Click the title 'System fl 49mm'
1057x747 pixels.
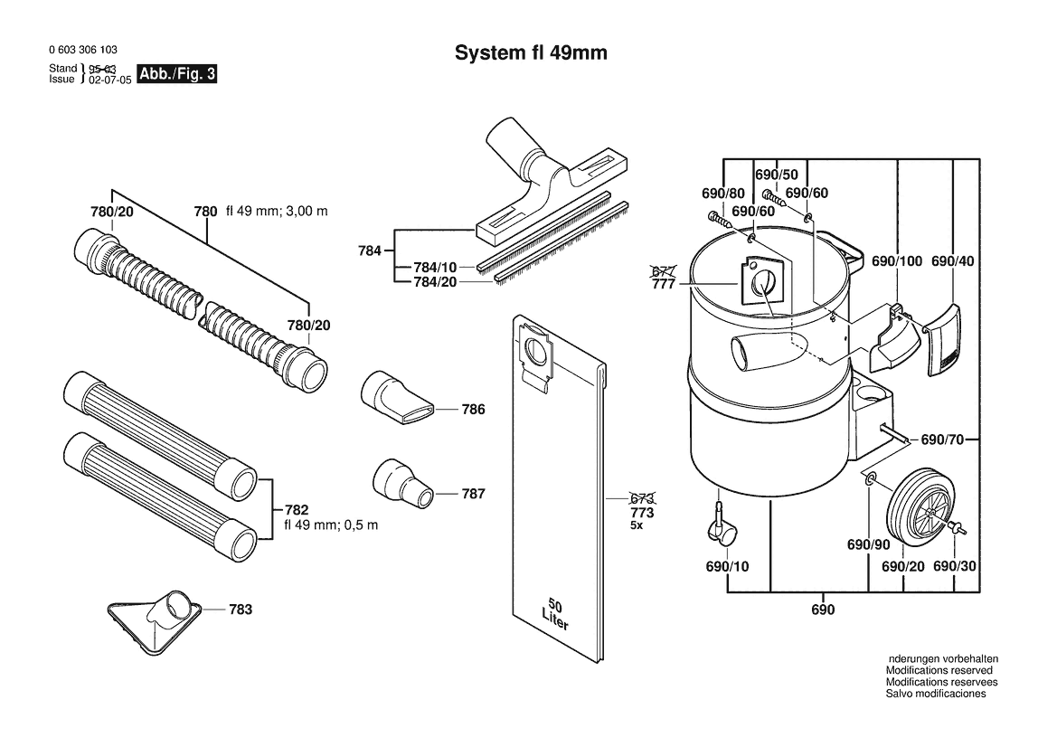[x=531, y=52]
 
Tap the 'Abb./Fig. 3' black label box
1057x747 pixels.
[x=176, y=73]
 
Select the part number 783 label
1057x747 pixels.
[x=241, y=610]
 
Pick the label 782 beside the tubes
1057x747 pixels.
[x=297, y=510]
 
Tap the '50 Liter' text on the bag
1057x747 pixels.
[x=555, y=613]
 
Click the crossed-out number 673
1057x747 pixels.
[x=642, y=499]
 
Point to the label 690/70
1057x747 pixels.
[x=942, y=440]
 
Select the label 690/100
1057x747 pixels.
[x=897, y=261]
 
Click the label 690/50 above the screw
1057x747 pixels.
[x=776, y=175]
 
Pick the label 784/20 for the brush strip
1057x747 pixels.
[x=435, y=282]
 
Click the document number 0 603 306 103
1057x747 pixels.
[x=83, y=49]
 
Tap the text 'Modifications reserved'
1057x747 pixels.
[x=939, y=670]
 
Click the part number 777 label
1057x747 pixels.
[x=664, y=284]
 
